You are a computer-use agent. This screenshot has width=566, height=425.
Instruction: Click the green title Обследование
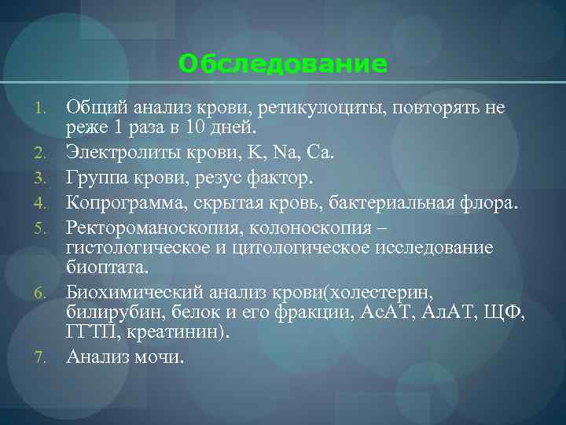[283, 64]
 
